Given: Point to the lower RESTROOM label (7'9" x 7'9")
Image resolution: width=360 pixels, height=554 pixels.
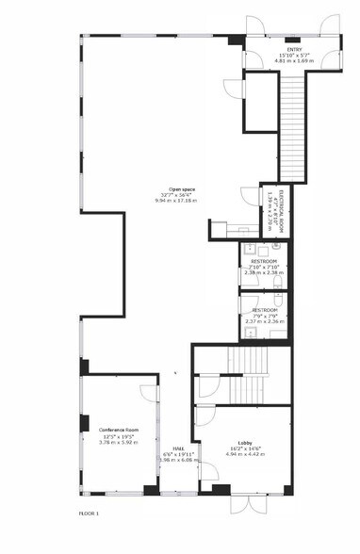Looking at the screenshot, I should click(x=264, y=309).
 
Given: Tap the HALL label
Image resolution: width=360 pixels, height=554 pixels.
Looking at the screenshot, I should click(x=177, y=448).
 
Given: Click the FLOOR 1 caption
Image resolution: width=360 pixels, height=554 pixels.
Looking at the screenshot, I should click(x=89, y=513).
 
